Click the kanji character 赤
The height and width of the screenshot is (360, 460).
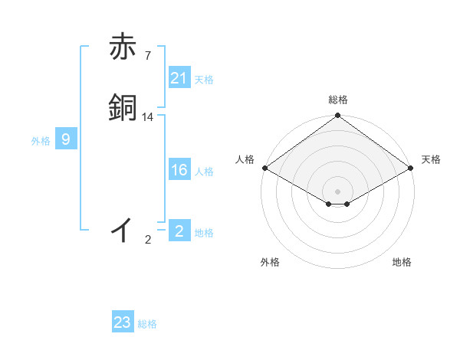coord(123,47)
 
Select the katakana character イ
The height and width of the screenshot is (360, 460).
coord(123,229)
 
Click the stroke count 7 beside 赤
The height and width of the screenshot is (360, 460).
coord(148,56)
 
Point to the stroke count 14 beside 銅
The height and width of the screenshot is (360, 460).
coord(148,117)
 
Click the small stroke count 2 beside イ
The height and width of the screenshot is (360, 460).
coord(148,240)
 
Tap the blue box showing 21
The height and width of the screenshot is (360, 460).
coord(179,78)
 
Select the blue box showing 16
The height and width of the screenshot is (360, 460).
coord(179,170)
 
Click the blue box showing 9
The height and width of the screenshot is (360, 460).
coord(66,139)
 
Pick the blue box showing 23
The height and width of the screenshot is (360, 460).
coord(122,322)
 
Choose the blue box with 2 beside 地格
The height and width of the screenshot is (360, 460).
coord(179,231)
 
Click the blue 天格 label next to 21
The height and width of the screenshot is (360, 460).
coord(204,79)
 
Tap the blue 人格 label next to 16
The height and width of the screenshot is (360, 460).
coord(204,172)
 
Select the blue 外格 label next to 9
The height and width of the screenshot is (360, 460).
coord(41,141)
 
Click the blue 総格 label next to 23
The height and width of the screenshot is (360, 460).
coord(147,324)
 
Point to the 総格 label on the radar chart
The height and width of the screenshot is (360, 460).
coord(338,100)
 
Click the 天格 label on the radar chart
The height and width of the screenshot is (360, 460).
coord(431,159)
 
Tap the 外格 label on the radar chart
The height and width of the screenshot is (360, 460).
coord(270,262)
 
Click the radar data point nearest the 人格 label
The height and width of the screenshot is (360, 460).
coord(264,168)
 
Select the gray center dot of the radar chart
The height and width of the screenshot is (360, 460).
coord(337,191)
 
